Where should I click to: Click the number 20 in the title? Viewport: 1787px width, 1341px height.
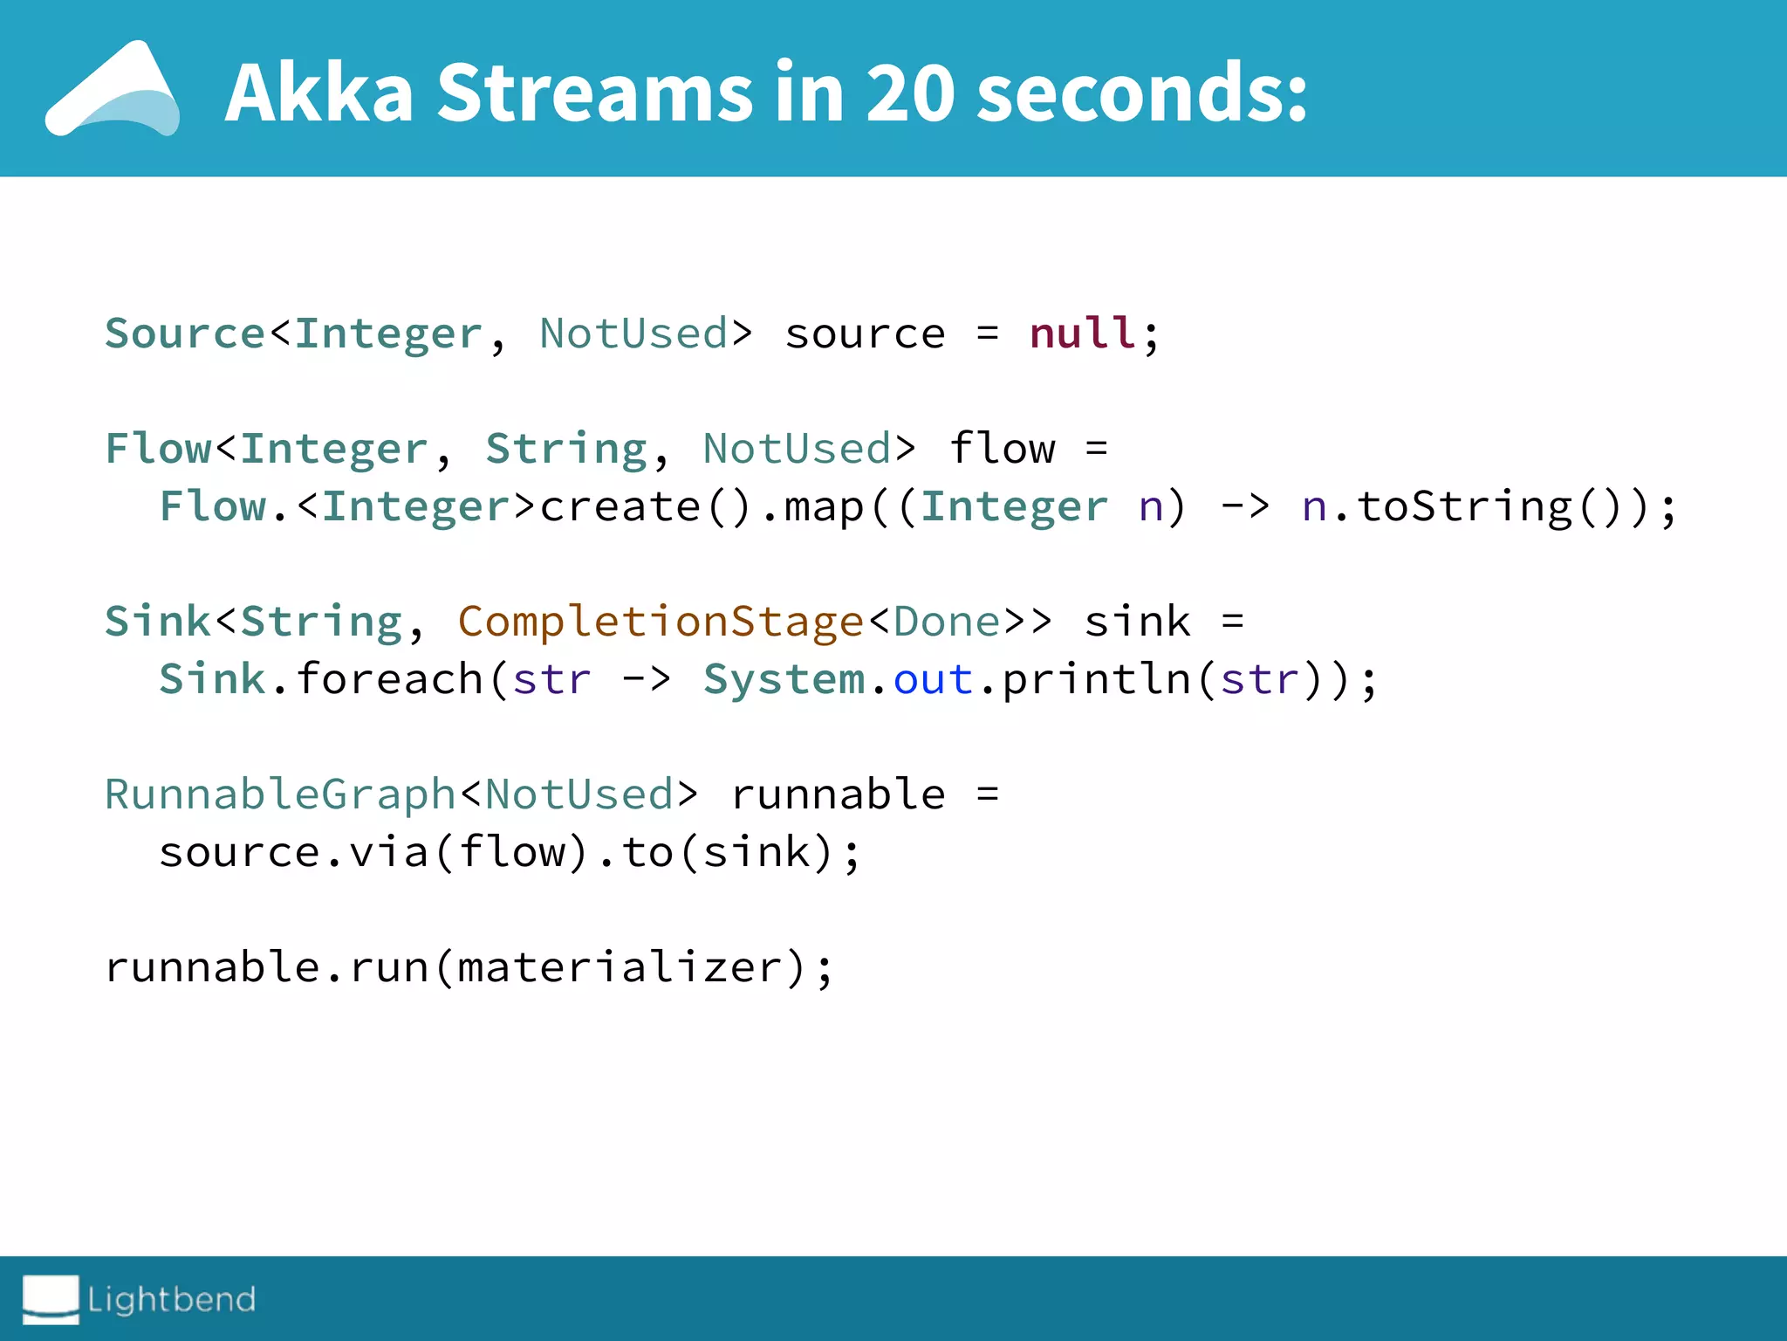coord(909,93)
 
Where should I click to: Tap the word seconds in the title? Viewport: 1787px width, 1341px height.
coord(1141,93)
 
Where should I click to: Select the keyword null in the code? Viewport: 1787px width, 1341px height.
coord(1083,334)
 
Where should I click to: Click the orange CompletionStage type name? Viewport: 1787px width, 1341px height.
coord(661,622)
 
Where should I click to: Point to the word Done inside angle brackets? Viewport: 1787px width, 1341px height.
coord(947,622)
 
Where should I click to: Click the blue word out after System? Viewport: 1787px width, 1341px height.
coord(933,679)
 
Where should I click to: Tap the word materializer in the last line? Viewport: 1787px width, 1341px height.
coord(619,967)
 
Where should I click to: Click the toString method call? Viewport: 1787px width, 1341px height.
coord(1464,506)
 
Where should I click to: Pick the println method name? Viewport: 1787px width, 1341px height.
coord(1097,679)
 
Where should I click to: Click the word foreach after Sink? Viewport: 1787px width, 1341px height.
coord(389,679)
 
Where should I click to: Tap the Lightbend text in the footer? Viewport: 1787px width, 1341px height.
coord(172,1299)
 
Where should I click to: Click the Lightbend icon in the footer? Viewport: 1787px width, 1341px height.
coord(51,1298)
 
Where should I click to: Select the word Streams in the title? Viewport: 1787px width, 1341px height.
coord(595,93)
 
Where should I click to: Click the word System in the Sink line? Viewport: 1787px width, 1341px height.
coord(784,679)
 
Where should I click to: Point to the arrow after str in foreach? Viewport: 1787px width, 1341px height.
coord(647,679)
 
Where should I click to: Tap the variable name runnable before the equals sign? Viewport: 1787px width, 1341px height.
coord(838,794)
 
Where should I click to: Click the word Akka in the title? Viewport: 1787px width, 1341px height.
coord(319,93)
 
